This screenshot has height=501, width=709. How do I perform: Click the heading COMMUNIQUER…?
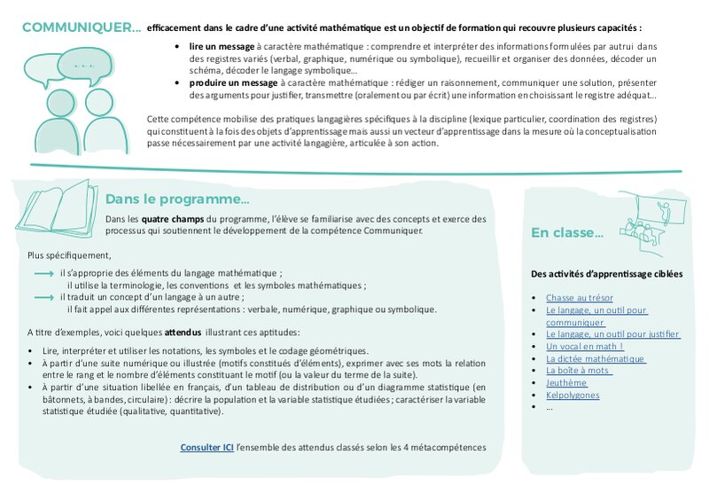pyautogui.click(x=81, y=27)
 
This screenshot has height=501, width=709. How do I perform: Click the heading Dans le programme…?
pyautogui.click(x=177, y=199)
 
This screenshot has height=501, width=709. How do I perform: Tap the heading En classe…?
pyautogui.click(x=567, y=233)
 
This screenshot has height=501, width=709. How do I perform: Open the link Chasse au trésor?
pyautogui.click(x=580, y=298)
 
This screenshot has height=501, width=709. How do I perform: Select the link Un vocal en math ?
pyautogui.click(x=585, y=346)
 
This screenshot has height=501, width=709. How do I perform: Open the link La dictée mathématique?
pyautogui.click(x=596, y=358)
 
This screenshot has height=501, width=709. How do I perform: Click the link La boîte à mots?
pyautogui.click(x=579, y=371)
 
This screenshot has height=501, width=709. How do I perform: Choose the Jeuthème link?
pyautogui.click(x=567, y=382)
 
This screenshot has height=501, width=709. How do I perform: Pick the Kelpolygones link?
pyautogui.click(x=573, y=395)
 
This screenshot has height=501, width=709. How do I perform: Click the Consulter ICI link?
pyautogui.click(x=207, y=448)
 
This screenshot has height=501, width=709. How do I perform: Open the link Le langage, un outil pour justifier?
pyautogui.click(x=612, y=334)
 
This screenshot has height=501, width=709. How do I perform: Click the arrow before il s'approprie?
pyautogui.click(x=43, y=274)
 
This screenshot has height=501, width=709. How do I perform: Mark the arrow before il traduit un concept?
pyautogui.click(x=43, y=298)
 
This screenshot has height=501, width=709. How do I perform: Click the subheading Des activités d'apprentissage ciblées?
pyautogui.click(x=606, y=274)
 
